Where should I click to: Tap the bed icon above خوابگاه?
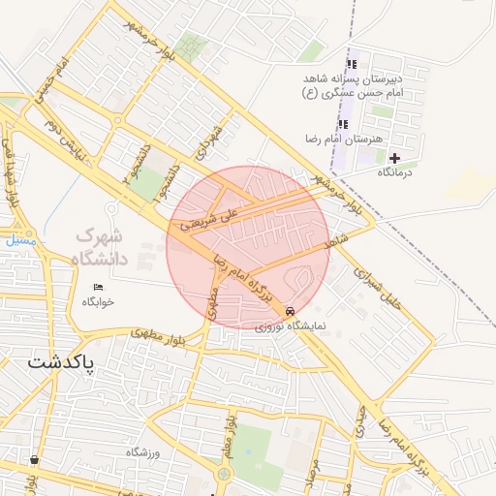tap(98, 288)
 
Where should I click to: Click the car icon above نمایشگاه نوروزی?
tap(291, 312)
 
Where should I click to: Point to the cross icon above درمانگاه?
tap(394, 158)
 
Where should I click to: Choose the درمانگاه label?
tap(394, 171)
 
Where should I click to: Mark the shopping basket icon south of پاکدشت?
tap(36, 460)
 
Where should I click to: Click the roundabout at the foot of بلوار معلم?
tap(226, 474)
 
